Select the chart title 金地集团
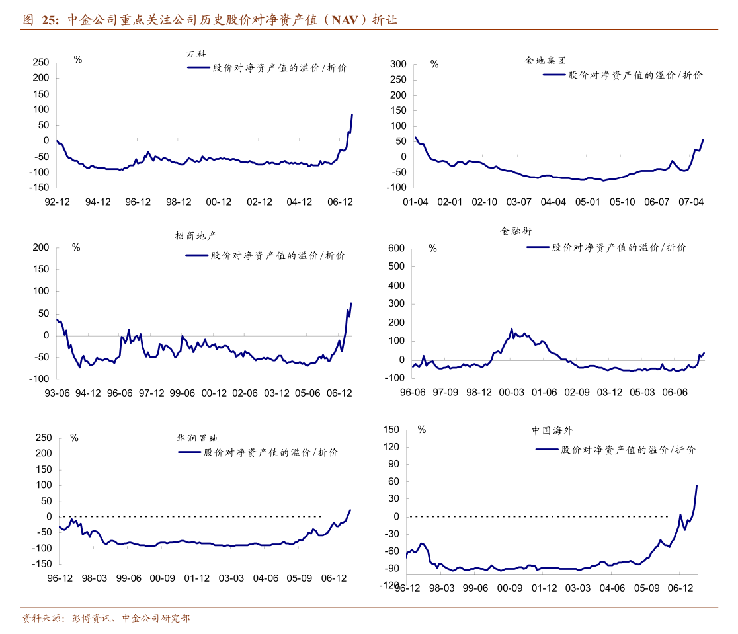pyautogui.click(x=546, y=60)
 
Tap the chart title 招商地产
pyautogui.click(x=196, y=235)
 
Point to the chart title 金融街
pyautogui.click(x=516, y=231)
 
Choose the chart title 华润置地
pyautogui.click(x=197, y=438)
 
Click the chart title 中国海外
pyautogui.click(x=553, y=430)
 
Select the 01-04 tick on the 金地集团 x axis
pyautogui.click(x=415, y=202)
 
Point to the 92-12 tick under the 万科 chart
pyautogui.click(x=58, y=202)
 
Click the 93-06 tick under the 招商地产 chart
pyautogui.click(x=57, y=393)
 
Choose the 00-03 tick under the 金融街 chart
pyautogui.click(x=511, y=392)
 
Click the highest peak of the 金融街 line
pyautogui.click(x=511, y=329)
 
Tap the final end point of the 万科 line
pyautogui.click(x=352, y=115)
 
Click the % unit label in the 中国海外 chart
pyautogui.click(x=422, y=430)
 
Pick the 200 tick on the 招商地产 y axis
pyautogui.click(x=42, y=247)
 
